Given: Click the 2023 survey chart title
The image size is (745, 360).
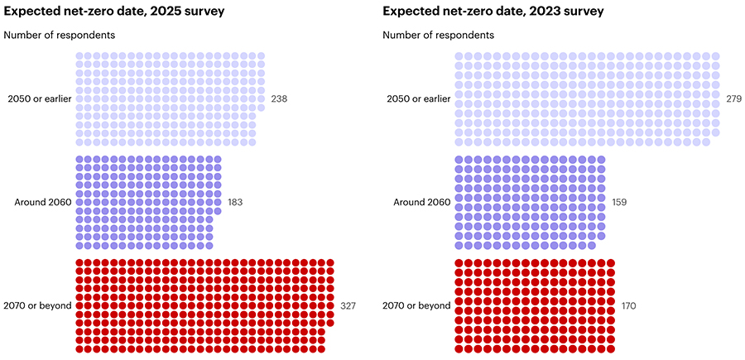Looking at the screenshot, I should pyautogui.click(x=493, y=12).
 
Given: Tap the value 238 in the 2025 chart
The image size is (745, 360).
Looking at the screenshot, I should pyautogui.click(x=279, y=98).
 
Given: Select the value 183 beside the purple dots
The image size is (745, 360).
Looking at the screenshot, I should pyautogui.click(x=236, y=202).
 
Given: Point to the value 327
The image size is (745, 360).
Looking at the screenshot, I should pyautogui.click(x=348, y=305).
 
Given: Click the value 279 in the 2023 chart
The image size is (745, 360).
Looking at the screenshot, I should pyautogui.click(x=734, y=98).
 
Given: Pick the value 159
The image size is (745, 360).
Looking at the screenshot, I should pyautogui.click(x=620, y=202).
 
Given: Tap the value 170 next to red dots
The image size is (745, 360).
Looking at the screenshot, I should pyautogui.click(x=629, y=305).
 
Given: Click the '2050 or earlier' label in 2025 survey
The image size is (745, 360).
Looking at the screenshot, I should pyautogui.click(x=39, y=98).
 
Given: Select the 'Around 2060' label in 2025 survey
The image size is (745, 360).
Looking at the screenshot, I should pyautogui.click(x=43, y=202).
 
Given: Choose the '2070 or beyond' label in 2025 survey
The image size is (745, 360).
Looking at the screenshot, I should pyautogui.click(x=37, y=305).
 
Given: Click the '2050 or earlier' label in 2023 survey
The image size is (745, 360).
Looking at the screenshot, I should pyautogui.click(x=418, y=98).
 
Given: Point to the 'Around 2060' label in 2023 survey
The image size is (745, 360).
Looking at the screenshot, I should pyautogui.click(x=422, y=202).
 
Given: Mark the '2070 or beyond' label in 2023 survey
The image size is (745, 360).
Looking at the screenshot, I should pyautogui.click(x=416, y=305).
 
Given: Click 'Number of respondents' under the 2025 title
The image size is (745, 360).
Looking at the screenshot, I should pyautogui.click(x=60, y=35).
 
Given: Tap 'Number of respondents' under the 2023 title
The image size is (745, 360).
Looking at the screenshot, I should pyautogui.click(x=439, y=35).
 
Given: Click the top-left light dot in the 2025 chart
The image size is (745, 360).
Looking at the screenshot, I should pyautogui.click(x=80, y=57).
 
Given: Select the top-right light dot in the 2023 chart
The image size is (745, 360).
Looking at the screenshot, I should pyautogui.click(x=715, y=57).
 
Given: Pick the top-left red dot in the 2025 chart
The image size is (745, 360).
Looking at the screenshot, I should pyautogui.click(x=80, y=263).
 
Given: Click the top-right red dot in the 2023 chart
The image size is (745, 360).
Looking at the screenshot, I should pyautogui.click(x=611, y=263).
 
